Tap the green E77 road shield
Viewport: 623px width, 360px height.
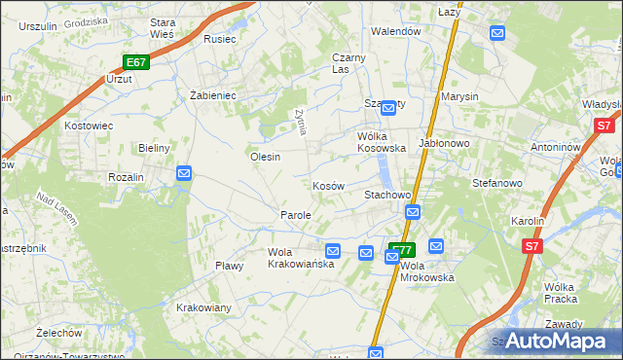(402, 249)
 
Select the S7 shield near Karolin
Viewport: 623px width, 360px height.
(531, 247)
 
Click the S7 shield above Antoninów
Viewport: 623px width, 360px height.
(604, 126)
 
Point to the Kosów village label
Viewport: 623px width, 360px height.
(328, 186)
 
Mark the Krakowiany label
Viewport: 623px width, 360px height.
(203, 307)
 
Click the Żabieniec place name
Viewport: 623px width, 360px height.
(213, 95)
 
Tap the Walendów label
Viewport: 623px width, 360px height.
(395, 31)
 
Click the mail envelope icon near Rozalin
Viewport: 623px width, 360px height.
(184, 173)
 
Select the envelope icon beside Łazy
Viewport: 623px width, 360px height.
(498, 33)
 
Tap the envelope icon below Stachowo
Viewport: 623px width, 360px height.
(413, 212)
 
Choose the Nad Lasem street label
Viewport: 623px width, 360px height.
(57, 206)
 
